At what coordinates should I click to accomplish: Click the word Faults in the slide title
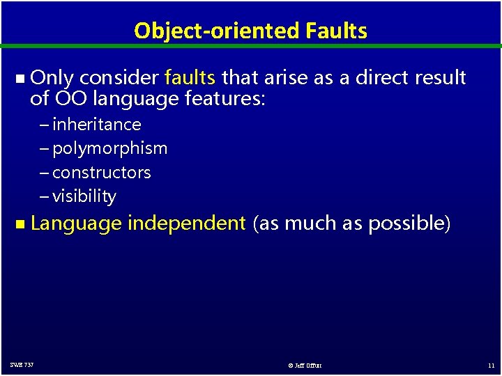tap(336, 31)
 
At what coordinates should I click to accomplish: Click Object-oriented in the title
tap(217, 31)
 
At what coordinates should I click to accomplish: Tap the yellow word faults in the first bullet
tap(190, 78)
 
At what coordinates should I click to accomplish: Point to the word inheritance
tap(96, 125)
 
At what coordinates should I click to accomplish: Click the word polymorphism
tap(109, 148)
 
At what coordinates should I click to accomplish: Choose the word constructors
tap(101, 172)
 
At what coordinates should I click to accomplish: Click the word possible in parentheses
tap(409, 224)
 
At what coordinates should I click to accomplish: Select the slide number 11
tap(491, 365)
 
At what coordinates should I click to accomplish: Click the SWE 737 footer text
tap(22, 365)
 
